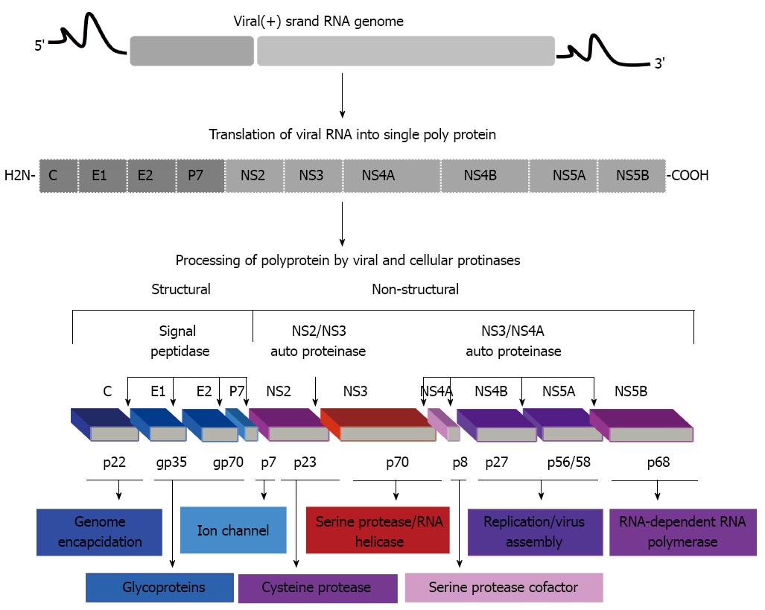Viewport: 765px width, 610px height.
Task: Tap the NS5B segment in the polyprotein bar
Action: point(632,176)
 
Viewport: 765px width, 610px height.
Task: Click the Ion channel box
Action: point(233,530)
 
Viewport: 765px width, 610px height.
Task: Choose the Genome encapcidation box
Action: point(100,532)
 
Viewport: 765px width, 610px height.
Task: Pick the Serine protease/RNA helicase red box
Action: point(378,530)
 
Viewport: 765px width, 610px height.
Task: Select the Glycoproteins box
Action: point(159,588)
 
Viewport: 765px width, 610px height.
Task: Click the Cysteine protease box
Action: point(318,588)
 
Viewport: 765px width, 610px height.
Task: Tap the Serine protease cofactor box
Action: point(504,588)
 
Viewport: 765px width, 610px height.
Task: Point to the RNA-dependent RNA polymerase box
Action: point(683,532)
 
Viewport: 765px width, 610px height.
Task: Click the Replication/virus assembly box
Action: point(536,532)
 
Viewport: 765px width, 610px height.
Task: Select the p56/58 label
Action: point(569,462)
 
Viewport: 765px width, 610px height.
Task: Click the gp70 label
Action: point(229,462)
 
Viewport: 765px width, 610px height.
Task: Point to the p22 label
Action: point(114,462)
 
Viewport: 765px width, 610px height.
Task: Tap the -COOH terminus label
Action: point(688,175)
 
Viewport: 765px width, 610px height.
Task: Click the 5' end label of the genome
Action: point(39,45)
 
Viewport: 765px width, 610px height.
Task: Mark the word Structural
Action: point(181,290)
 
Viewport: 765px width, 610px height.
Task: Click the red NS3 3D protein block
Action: point(378,425)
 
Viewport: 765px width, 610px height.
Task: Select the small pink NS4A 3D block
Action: point(444,425)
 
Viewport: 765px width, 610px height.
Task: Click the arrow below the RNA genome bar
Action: point(343,95)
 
